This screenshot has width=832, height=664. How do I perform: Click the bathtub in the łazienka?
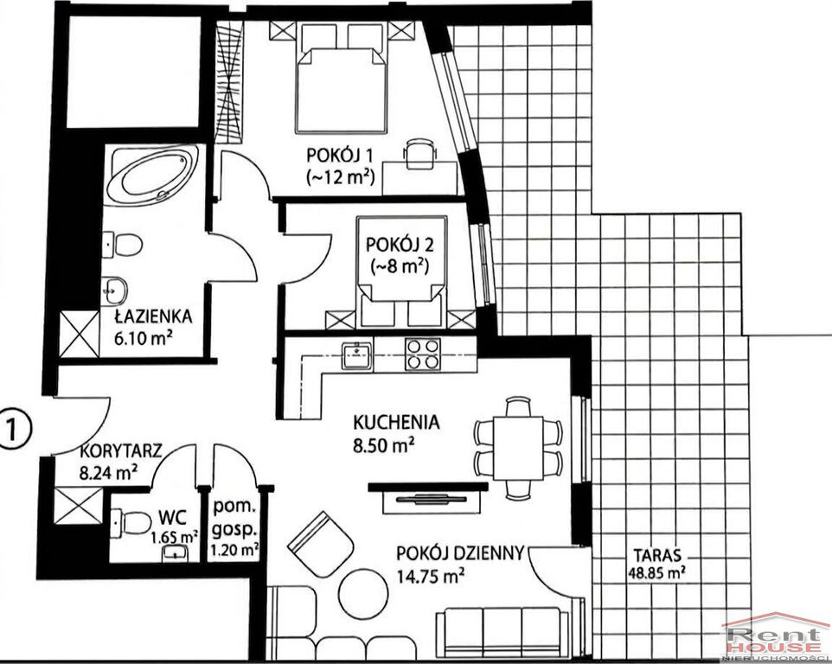[x=152, y=175]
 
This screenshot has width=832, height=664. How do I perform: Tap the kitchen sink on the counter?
[x=357, y=354]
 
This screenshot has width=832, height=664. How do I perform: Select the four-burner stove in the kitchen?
[x=422, y=354]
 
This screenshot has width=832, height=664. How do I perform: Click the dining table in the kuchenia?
[x=518, y=448]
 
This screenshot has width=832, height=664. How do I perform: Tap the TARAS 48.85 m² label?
[x=656, y=563]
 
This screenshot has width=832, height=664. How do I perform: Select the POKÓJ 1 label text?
[x=340, y=156]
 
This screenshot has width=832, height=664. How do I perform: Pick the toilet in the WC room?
[x=131, y=522]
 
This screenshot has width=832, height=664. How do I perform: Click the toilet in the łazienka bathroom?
[x=123, y=245]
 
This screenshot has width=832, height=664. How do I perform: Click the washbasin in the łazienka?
[x=113, y=290]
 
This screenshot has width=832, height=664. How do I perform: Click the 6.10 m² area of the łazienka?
[x=144, y=338]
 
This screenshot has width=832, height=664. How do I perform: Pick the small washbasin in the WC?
[x=176, y=552]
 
